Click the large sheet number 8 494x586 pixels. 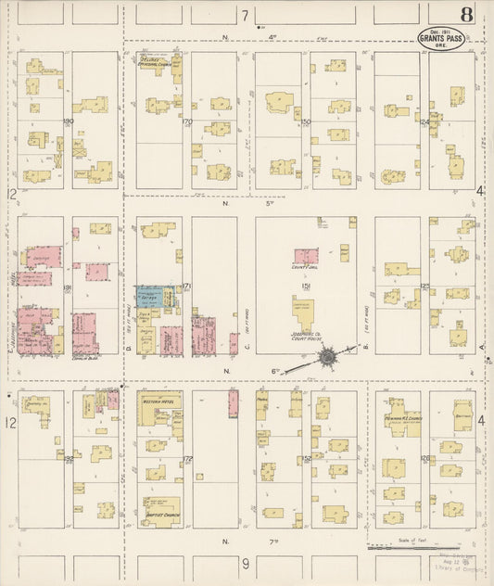tap(464, 16)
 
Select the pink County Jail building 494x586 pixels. tap(306, 255)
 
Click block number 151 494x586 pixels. tap(304, 288)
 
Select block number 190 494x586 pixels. tap(68, 121)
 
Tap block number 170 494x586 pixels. tap(186, 121)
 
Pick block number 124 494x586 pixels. tap(425, 121)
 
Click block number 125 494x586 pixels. tap(425, 287)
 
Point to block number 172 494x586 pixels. tap(186, 458)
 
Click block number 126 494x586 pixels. tap(425, 458)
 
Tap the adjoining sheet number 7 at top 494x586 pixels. tap(246, 16)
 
